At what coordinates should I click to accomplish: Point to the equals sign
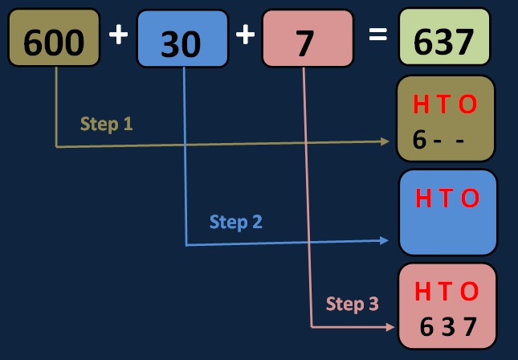click(377, 37)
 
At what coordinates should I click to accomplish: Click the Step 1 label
click(106, 125)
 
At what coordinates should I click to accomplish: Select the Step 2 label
click(235, 222)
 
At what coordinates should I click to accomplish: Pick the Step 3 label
click(352, 304)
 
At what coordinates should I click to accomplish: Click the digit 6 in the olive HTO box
click(419, 139)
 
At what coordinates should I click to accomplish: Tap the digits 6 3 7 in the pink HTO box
click(448, 327)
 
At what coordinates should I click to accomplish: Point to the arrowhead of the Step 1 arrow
click(385, 141)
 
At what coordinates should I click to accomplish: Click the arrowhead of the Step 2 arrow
click(386, 240)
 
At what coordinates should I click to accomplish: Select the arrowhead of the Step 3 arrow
click(390, 327)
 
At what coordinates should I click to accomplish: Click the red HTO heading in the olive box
click(445, 104)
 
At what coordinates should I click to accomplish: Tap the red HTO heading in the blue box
click(447, 198)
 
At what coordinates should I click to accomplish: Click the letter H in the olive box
click(420, 104)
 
